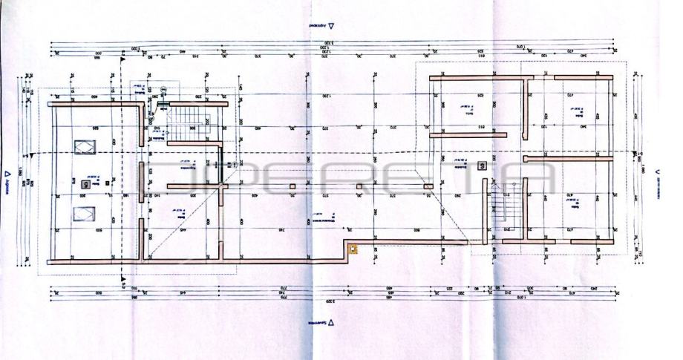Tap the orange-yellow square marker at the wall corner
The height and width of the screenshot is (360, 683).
(x=353, y=250)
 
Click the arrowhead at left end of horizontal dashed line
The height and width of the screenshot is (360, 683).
(x=33, y=155)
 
